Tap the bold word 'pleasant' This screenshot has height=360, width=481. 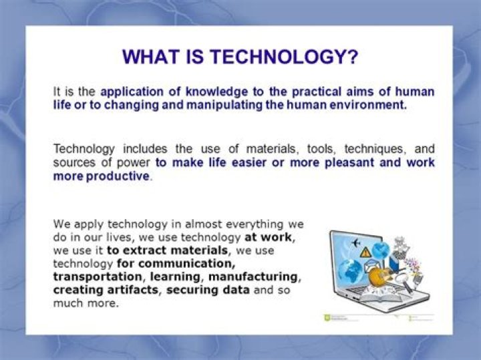coord(337,162)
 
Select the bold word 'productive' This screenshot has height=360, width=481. coord(118,176)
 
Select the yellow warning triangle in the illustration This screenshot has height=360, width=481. coord(365,252)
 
